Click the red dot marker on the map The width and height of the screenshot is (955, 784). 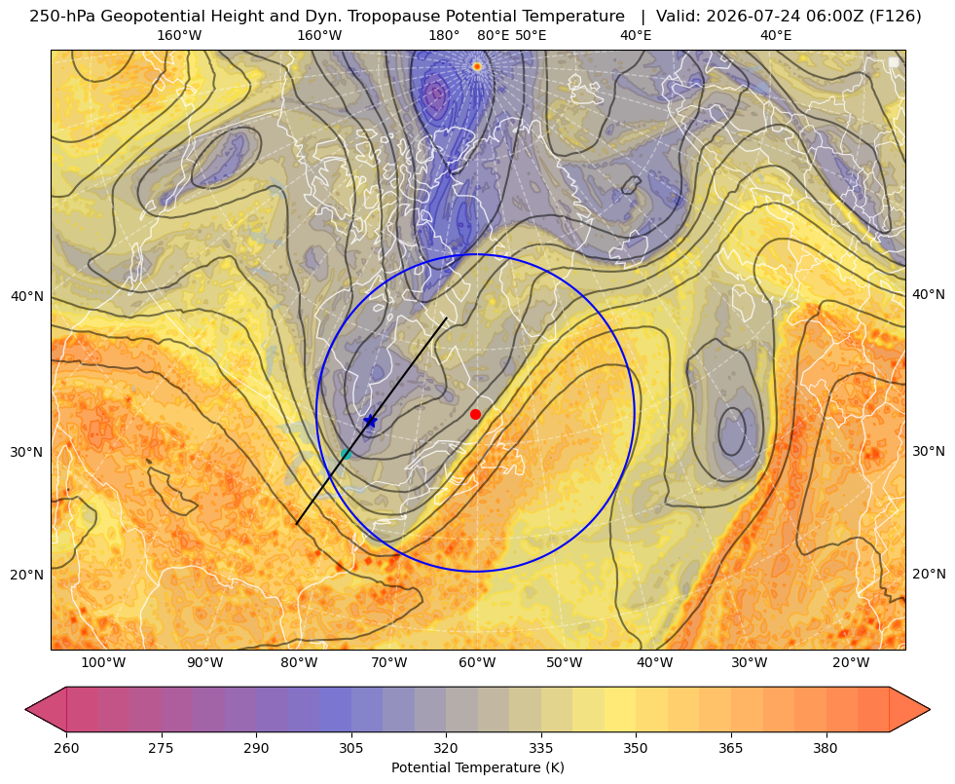pos(475,414)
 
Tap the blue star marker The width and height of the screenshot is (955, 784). pos(370,421)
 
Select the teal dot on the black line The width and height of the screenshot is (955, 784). pos(346,454)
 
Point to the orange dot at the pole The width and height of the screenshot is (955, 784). pos(477,66)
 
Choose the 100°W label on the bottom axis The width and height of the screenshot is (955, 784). pos(103,662)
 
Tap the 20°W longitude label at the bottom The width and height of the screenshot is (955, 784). pos(851,662)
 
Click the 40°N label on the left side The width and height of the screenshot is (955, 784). pos(27,297)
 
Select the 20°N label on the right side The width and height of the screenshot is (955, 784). pos(929,574)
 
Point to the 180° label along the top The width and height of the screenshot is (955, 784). pos(444,35)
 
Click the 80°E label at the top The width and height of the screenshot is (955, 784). pos(493,35)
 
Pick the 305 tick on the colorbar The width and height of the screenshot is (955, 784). pos(350,747)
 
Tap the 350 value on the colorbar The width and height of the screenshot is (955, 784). pos(636,747)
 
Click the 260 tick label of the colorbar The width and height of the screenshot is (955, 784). pos(66,747)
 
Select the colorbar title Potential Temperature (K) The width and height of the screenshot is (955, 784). pos(477,767)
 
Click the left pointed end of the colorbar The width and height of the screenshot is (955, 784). pos(25,709)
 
